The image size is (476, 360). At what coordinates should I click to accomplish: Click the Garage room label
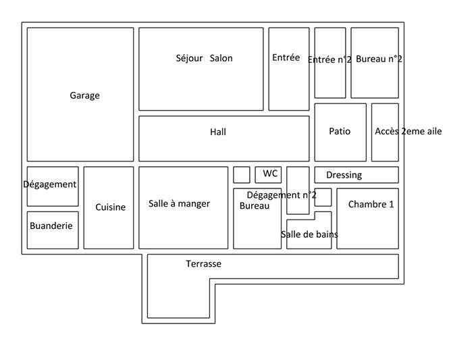[x=84, y=96]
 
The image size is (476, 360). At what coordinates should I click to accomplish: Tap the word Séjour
[x=189, y=58]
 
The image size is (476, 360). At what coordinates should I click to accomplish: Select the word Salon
[x=221, y=58]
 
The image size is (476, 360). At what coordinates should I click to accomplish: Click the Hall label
[x=218, y=132]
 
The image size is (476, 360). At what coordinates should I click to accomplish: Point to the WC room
[x=270, y=174]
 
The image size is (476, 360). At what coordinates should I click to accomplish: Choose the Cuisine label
[x=110, y=207]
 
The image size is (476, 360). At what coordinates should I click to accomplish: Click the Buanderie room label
[x=51, y=226]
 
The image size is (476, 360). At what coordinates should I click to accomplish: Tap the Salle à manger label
[x=179, y=204]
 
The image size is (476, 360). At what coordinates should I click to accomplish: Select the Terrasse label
[x=203, y=264]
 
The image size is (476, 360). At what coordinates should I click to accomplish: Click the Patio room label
[x=340, y=131]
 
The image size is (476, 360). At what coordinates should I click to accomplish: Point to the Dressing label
[x=344, y=175]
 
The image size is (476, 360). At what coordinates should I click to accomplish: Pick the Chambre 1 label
[x=371, y=205]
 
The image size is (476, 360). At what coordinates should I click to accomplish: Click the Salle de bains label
[x=309, y=234]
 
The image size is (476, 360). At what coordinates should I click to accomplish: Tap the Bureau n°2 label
[x=379, y=59]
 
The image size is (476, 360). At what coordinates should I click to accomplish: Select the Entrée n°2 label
[x=329, y=59]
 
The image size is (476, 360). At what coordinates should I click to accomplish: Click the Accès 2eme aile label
[x=408, y=131]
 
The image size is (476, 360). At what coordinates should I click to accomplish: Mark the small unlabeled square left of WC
[x=242, y=174]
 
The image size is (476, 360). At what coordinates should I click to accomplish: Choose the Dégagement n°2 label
[x=282, y=195]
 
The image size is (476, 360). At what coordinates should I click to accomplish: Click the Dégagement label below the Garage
[x=50, y=184]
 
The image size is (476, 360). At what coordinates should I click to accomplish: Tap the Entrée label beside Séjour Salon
[x=286, y=58]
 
